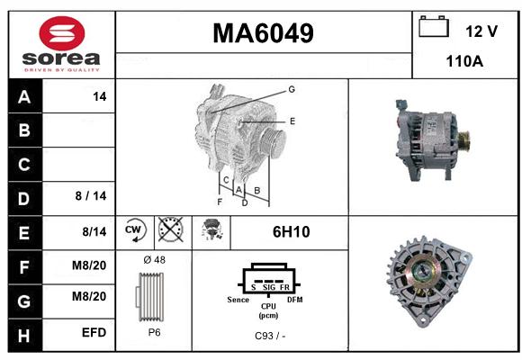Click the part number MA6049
263,33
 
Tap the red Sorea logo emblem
62,33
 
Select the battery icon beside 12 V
434,26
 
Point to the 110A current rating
464,61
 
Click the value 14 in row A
100,96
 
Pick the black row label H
24,336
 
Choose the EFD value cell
94,332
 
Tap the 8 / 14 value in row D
91,196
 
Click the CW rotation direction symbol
135,229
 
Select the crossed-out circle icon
171,229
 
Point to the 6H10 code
292,232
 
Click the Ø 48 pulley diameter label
154,260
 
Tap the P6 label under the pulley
154,332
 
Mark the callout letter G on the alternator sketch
292,89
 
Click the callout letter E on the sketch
292,121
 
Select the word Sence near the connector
238,300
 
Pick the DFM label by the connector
295,300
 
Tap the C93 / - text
270,336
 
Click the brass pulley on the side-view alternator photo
463,141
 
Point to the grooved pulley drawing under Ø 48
150,297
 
